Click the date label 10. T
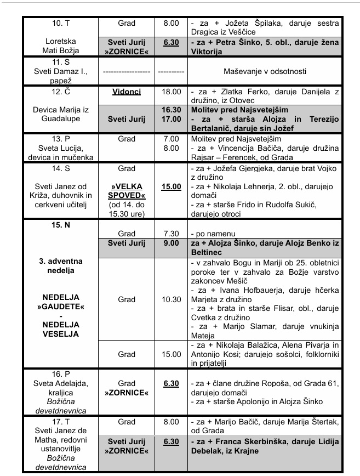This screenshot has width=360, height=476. pyautogui.click(x=60, y=24)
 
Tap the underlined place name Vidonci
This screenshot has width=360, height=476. pyautogui.click(x=127, y=92)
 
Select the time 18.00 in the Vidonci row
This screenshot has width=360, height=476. pyautogui.click(x=171, y=92)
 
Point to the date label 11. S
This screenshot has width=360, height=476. pyautogui.click(x=60, y=63)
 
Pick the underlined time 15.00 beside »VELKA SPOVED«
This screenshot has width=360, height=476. pyautogui.click(x=171, y=187)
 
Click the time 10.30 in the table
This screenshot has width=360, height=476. pyautogui.click(x=171, y=300)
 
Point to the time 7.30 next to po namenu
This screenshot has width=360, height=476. pyautogui.click(x=171, y=233)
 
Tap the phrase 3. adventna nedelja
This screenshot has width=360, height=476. pyautogui.click(x=60, y=265)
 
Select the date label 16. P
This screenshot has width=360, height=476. pyautogui.click(x=60, y=373)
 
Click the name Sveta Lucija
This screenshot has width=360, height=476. pyautogui.click(x=60, y=148)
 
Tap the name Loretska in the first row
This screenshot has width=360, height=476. pyautogui.click(x=60, y=41)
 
